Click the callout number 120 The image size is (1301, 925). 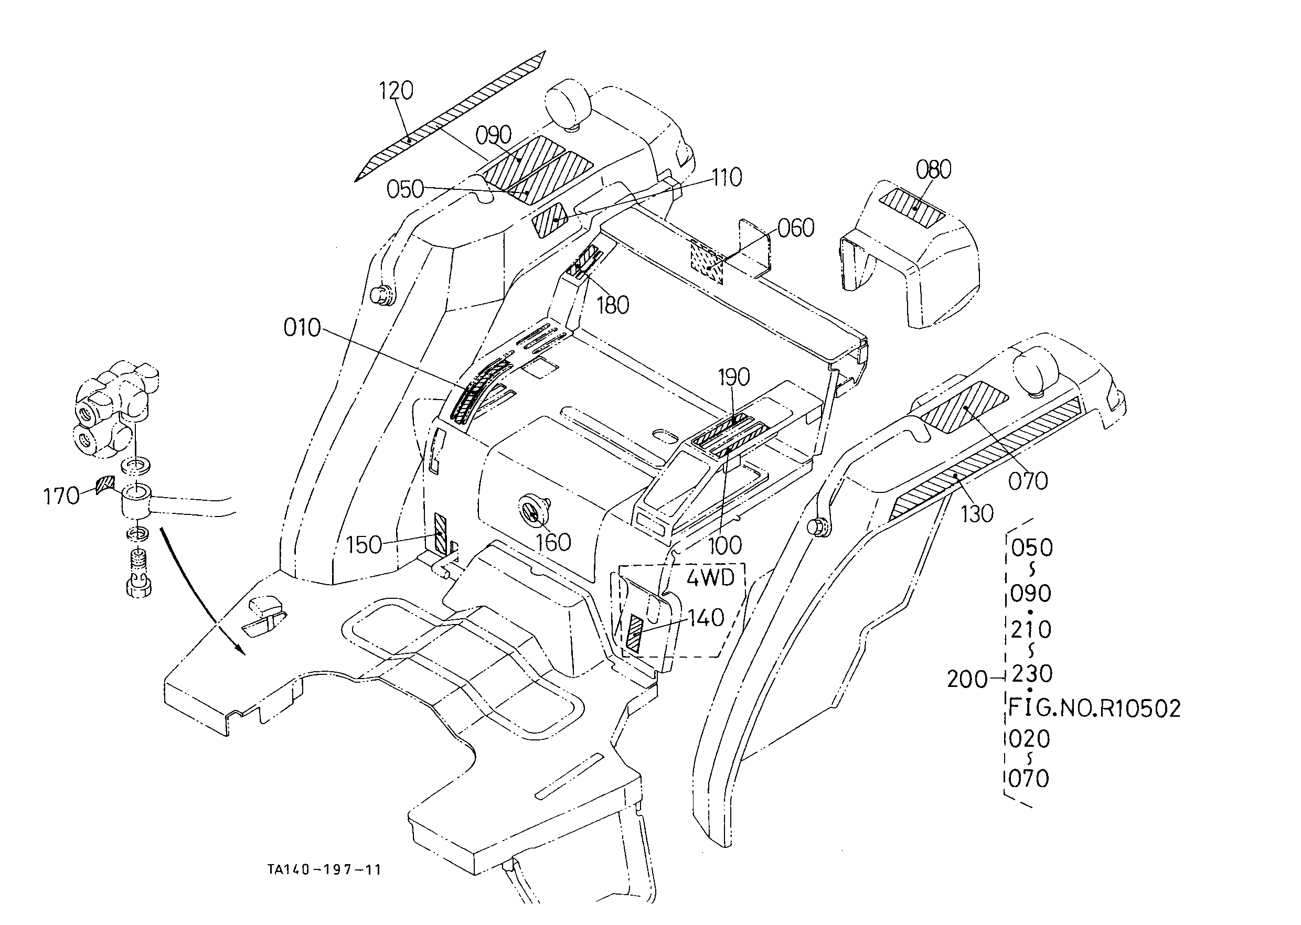(397, 91)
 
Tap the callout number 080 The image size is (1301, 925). (933, 170)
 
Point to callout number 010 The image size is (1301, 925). (303, 328)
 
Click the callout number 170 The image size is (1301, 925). (61, 496)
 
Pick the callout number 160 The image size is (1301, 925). (554, 543)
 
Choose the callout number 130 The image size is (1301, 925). (977, 514)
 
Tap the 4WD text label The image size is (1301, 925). (710, 578)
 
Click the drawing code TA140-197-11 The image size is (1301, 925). (324, 869)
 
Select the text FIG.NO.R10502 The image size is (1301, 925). (1094, 707)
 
